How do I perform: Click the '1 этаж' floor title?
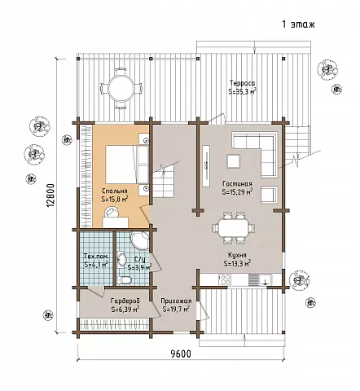pyautogui.click(x=298, y=24)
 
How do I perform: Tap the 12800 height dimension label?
pyautogui.click(x=52, y=195)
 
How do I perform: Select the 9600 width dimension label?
pyautogui.click(x=181, y=354)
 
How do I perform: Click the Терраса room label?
pyautogui.click(x=242, y=82)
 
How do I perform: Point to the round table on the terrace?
pyautogui.click(x=121, y=88)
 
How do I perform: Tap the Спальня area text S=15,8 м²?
pyautogui.click(x=115, y=199)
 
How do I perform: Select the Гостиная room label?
pyautogui.click(x=237, y=184)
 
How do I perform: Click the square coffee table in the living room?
pyautogui.click(x=234, y=161)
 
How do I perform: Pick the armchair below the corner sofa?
pyautogui.click(x=270, y=195)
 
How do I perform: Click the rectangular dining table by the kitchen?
pyautogui.click(x=234, y=227)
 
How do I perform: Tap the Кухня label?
pyautogui.click(x=237, y=255)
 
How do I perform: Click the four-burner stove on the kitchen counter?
pyautogui.click(x=225, y=279)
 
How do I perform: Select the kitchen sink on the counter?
pyautogui.click(x=265, y=279)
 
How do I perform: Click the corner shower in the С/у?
pyautogui.click(x=140, y=241)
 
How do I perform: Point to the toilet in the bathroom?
pyautogui.click(x=124, y=280)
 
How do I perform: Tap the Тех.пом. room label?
pyautogui.click(x=96, y=257)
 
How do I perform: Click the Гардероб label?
pyautogui.click(x=125, y=301)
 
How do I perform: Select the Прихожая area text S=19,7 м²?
pyautogui.click(x=176, y=309)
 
